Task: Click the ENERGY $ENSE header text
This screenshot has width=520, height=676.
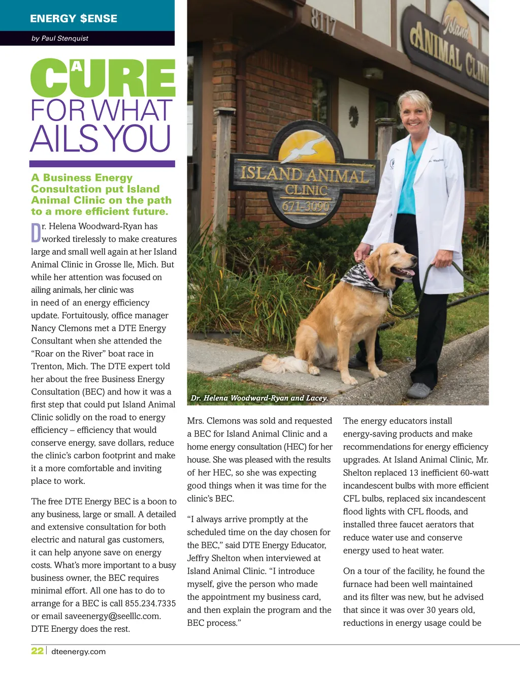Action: [74, 19]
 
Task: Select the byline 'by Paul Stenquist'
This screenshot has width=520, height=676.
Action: [60, 38]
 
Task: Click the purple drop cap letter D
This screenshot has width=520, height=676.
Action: [36, 233]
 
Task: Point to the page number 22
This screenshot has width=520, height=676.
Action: [37, 651]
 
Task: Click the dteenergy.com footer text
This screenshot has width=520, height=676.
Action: [79, 652]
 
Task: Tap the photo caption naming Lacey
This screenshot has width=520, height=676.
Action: [259, 398]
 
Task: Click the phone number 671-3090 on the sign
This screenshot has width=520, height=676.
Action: [306, 206]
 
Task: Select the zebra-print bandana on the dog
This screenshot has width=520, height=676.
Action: [363, 279]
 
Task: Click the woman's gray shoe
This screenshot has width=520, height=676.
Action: [418, 390]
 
